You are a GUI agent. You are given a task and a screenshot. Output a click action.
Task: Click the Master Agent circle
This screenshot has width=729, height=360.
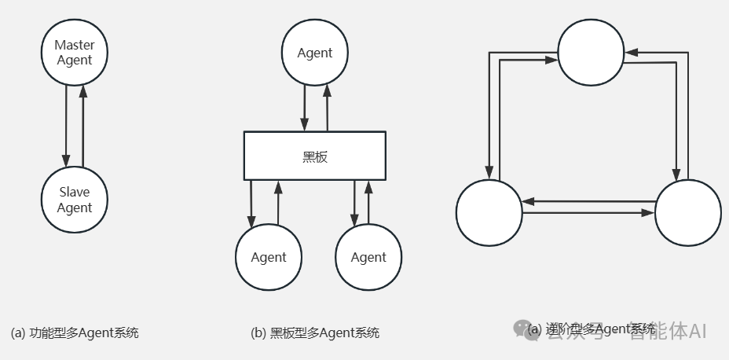74,53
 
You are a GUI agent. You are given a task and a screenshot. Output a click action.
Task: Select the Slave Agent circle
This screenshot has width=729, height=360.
74,200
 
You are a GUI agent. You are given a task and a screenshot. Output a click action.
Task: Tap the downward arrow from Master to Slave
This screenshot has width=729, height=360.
66,122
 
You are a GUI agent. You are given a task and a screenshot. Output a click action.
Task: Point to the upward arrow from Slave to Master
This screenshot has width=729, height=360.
82,126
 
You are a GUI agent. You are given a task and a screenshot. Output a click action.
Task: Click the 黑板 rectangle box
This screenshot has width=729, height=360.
314,156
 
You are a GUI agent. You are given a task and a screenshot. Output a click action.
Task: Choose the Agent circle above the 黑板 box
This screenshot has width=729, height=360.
314,53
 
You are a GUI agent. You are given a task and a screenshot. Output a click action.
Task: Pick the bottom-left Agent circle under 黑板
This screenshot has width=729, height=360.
268,257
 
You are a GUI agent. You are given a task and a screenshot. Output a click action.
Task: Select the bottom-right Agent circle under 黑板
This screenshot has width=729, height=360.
368,257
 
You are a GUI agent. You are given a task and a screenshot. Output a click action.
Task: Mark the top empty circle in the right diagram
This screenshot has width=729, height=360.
591,52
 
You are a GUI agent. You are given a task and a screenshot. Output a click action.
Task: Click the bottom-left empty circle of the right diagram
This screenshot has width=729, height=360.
489,212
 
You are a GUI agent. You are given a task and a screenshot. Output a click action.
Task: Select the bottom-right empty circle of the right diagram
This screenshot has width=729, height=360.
687,212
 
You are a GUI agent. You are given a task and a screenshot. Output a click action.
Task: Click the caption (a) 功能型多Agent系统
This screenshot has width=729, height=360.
75,332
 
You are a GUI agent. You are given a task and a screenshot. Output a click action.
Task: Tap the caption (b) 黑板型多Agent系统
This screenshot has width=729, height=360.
315,332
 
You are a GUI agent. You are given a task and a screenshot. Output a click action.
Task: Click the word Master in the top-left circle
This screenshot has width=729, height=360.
74,45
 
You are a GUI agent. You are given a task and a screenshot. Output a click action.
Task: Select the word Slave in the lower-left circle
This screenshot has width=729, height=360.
74,192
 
